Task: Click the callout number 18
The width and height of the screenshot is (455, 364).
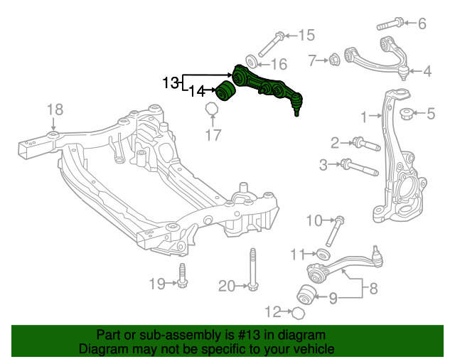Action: tap(55, 109)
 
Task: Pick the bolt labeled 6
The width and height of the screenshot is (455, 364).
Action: tap(390, 23)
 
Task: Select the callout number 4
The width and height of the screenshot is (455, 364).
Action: tap(427, 71)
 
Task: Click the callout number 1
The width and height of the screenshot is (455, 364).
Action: tap(363, 116)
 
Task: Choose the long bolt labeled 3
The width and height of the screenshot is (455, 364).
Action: tap(360, 168)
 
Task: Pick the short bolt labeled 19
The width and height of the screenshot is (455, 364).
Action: tap(182, 277)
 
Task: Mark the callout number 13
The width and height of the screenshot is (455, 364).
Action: tap(171, 83)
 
